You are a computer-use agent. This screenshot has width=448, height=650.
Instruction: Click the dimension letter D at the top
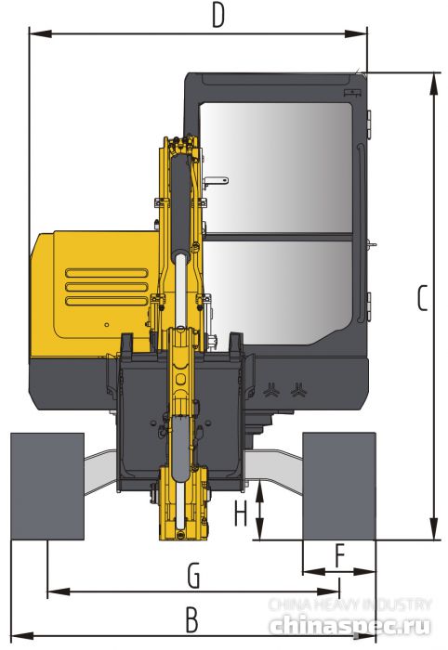(x=218, y=15)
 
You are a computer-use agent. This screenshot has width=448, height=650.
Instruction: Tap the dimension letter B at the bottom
(x=191, y=617)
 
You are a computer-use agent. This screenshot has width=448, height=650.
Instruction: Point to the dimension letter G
(x=193, y=577)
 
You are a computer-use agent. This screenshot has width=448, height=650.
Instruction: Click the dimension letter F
(x=339, y=556)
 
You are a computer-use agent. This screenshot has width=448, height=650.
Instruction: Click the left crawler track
(x=46, y=486)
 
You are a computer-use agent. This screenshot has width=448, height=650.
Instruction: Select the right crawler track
(x=339, y=486)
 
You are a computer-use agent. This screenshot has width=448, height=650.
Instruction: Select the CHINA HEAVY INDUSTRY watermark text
(x=349, y=604)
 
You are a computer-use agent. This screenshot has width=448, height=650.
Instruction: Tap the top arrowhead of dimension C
(x=434, y=79)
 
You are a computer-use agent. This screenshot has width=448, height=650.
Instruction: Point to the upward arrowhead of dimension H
(x=260, y=488)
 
